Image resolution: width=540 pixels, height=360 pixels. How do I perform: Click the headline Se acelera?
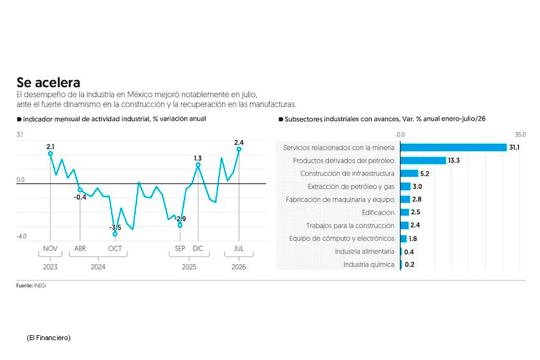click(48, 83)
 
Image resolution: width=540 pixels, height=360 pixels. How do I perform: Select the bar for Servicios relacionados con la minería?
click(454, 148)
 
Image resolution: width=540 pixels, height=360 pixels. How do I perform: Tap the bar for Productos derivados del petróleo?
click(423, 161)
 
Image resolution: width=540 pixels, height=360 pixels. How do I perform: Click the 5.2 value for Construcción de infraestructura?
click(425, 174)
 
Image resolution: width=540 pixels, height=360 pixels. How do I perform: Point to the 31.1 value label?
click(515, 148)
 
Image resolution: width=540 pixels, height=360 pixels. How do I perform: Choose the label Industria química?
click(369, 264)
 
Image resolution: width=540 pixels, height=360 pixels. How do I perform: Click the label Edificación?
click(378, 212)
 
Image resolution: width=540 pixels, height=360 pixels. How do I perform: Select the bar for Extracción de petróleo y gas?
click(405, 186)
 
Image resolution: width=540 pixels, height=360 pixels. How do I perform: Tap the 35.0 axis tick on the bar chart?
click(520, 134)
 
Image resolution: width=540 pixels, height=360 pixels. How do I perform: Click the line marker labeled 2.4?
click(239, 149)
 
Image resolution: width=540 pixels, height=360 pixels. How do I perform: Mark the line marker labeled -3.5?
click(115, 234)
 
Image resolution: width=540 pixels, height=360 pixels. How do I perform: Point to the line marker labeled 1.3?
click(198, 164)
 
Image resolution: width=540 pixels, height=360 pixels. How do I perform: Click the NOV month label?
click(50, 248)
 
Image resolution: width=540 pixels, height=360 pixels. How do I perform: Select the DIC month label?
click(198, 248)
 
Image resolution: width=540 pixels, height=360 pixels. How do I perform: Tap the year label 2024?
click(98, 267)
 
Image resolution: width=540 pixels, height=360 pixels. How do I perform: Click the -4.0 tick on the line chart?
click(21, 236)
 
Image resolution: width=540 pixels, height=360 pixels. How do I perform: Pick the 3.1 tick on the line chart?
click(20, 134)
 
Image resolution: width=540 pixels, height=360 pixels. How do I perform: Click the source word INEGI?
click(40, 286)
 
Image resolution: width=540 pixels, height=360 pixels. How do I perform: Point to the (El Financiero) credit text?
click(48, 338)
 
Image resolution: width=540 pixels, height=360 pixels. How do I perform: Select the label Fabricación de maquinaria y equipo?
click(340, 199)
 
